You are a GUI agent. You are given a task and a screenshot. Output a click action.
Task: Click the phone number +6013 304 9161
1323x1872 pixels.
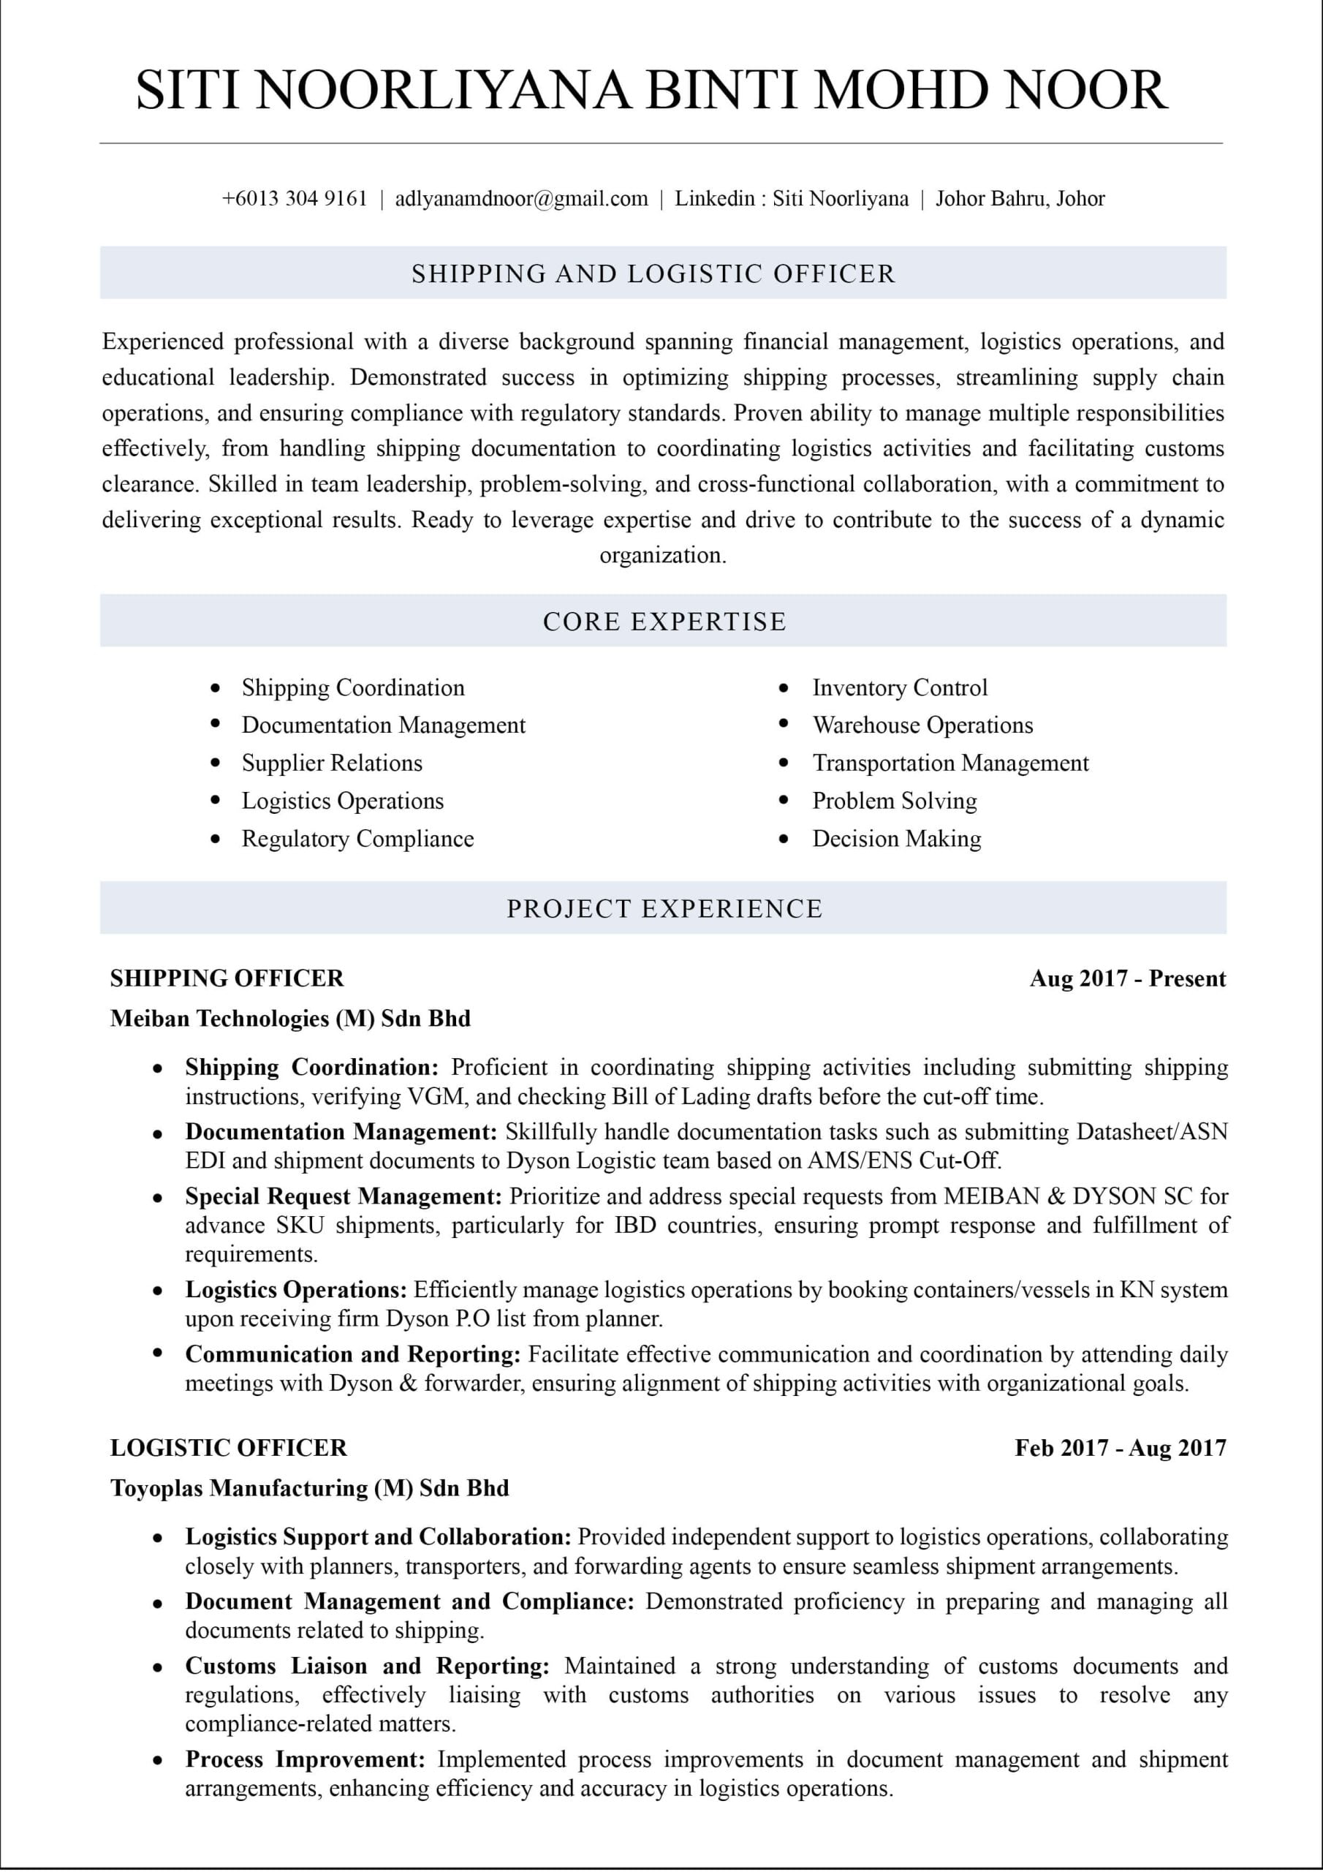coord(295,198)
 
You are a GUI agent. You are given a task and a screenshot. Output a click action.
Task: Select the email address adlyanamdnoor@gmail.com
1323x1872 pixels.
coord(521,198)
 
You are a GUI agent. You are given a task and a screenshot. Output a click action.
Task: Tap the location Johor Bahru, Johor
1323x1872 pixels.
coord(1020,198)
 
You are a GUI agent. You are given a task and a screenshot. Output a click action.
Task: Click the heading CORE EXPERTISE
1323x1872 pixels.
coord(664,622)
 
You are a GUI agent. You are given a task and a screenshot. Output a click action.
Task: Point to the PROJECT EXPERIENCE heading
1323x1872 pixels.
coord(664,908)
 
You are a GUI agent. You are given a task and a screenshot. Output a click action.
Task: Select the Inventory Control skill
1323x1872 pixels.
coord(899,687)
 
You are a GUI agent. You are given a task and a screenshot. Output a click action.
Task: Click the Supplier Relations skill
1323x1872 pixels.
coord(332,763)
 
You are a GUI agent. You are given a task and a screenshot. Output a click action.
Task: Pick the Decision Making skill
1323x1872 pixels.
coord(897,839)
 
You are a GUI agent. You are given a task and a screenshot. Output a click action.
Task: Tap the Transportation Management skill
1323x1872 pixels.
coord(949,763)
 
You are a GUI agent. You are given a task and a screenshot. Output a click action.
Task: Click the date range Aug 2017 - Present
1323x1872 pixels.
coord(1127,978)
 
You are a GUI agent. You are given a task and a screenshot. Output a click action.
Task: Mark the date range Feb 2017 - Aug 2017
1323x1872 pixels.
coord(1120,1448)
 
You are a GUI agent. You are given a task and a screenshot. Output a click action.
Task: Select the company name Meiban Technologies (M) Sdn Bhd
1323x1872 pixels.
coord(290,1019)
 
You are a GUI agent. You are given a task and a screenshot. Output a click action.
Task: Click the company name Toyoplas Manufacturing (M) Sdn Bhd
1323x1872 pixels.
coord(310,1488)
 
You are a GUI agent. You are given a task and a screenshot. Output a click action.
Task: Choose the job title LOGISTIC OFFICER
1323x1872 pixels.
coord(228,1448)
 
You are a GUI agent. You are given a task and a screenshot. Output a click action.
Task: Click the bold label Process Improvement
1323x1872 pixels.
coord(305,1759)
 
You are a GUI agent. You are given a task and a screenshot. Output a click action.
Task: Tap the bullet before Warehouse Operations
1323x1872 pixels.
coord(784,724)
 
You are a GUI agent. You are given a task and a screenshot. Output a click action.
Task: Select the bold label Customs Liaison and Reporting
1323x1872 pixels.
coord(367,1666)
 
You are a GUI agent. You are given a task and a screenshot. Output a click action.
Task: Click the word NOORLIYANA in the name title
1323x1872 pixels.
coord(444,90)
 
